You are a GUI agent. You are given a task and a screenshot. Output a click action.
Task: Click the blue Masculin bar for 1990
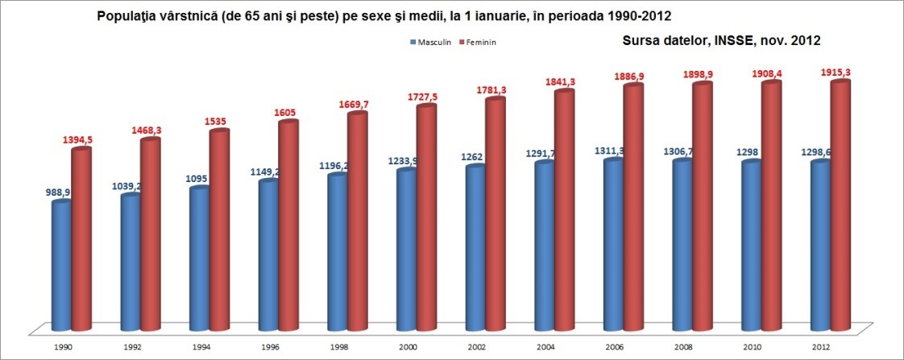pyautogui.click(x=61, y=266)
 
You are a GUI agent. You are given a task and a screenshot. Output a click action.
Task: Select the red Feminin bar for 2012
pyautogui.click(x=841, y=205)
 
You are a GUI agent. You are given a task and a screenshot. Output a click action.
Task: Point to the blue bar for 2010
pyautogui.click(x=751, y=245)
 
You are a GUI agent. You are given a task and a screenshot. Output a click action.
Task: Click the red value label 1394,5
pyautogui.click(x=78, y=140)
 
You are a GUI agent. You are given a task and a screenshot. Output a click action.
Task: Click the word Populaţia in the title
pyautogui.click(x=126, y=15)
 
